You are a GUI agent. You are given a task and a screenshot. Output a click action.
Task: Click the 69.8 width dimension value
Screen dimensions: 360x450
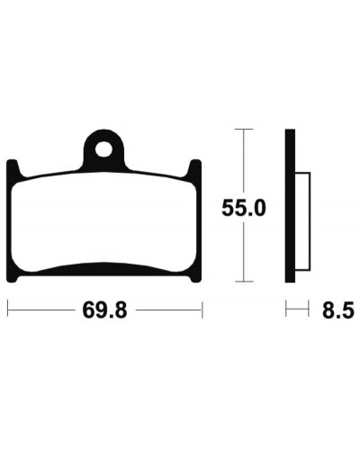(105, 310)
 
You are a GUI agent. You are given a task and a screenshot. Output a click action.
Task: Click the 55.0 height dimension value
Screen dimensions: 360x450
(244, 208)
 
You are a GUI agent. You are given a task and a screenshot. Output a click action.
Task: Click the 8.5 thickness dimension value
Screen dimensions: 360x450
(338, 310)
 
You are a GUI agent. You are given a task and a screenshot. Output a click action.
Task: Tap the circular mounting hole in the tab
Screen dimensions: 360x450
(103, 149)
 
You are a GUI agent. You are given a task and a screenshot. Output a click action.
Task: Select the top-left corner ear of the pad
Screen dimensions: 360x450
(13, 168)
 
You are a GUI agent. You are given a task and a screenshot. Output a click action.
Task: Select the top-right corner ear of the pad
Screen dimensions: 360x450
(193, 168)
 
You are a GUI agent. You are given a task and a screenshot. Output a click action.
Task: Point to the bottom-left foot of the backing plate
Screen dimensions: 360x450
(14, 276)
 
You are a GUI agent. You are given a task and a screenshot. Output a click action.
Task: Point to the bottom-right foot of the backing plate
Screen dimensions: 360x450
(193, 276)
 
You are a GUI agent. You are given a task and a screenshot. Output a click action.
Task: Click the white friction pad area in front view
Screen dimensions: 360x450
(103, 222)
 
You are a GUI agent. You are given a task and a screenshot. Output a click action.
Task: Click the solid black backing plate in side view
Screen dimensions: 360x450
(290, 206)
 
